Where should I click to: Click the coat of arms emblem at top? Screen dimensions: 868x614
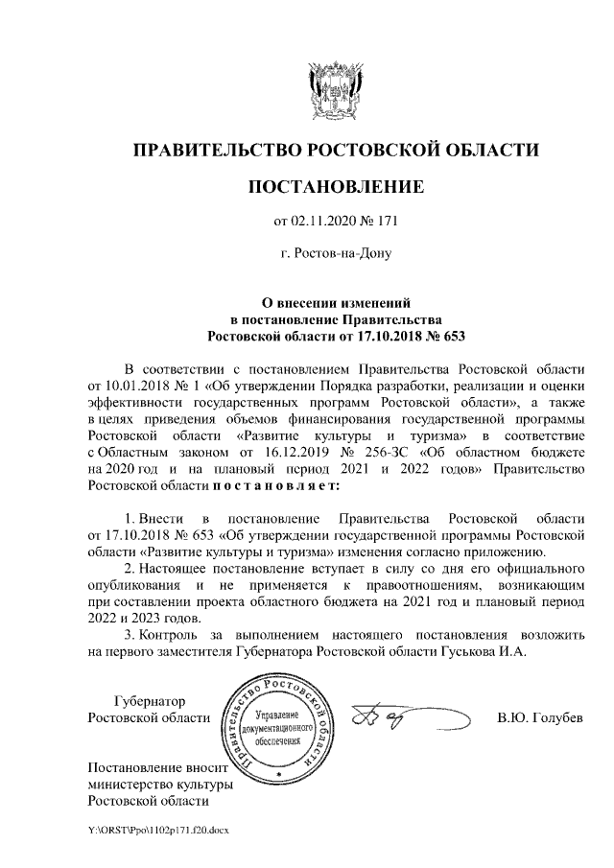(x=336, y=89)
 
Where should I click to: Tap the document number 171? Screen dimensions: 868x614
(x=386, y=223)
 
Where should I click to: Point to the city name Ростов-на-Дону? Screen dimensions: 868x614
(x=342, y=255)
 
